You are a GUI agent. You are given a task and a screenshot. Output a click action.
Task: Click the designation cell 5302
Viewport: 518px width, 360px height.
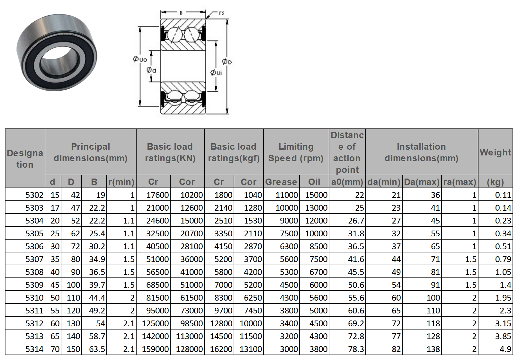[34, 195]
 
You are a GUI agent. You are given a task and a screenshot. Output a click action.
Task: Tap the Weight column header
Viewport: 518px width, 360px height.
[495, 153]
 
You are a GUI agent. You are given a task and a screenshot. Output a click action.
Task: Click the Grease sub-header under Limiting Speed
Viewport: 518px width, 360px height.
[281, 182]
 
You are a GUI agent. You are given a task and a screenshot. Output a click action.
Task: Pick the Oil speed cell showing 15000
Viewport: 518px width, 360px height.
[316, 195]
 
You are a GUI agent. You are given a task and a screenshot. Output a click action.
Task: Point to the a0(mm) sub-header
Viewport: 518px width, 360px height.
[347, 182]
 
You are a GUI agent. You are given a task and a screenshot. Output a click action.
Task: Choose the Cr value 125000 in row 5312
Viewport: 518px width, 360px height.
[155, 323]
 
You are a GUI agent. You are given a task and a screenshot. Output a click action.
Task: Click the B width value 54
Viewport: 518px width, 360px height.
[101, 323]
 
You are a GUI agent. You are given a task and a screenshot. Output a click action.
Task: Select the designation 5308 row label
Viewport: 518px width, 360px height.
[34, 272]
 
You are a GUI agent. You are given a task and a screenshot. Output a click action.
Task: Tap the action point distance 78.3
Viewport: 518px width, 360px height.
[356, 349]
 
